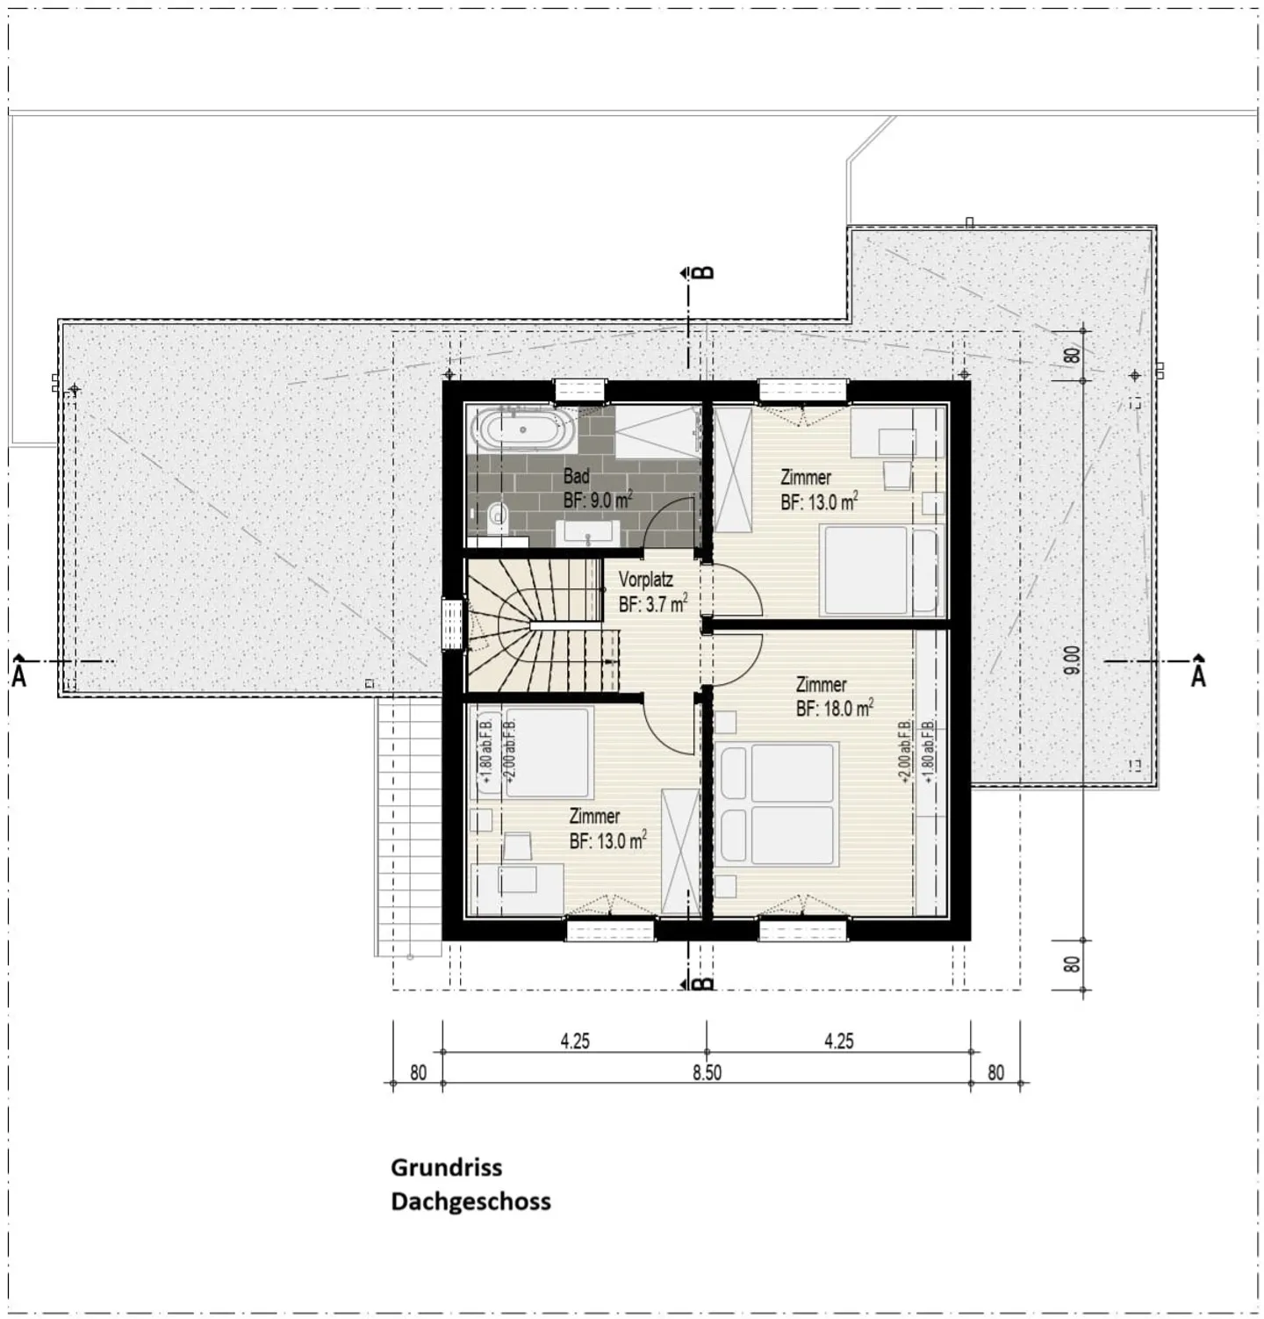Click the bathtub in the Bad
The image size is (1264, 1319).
(x=523, y=430)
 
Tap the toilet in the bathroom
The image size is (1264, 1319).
(x=497, y=518)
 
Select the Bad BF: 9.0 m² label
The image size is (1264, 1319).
(x=598, y=489)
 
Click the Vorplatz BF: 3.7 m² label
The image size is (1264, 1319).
(x=652, y=592)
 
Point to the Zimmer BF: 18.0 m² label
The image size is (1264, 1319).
(x=834, y=696)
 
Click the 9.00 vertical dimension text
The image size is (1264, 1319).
(x=1071, y=661)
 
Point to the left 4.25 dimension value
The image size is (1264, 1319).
(x=575, y=1042)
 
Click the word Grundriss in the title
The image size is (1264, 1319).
(x=447, y=1168)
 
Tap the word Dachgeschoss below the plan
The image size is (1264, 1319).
(x=470, y=1201)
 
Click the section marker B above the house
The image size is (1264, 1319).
(x=704, y=271)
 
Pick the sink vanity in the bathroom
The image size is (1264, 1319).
(x=588, y=532)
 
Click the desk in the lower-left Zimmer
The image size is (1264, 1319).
(x=518, y=888)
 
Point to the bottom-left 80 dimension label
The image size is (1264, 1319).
(x=418, y=1073)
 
